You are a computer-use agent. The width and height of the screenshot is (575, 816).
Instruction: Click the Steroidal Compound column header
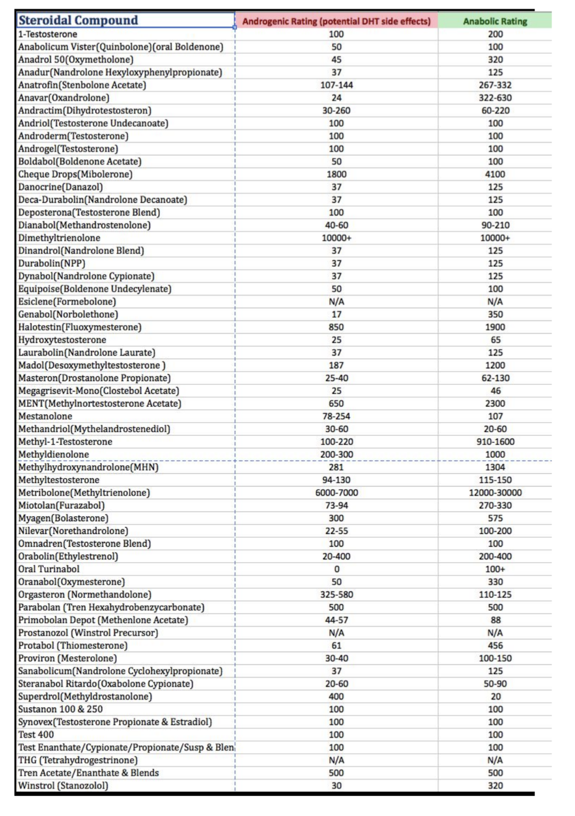(x=78, y=20)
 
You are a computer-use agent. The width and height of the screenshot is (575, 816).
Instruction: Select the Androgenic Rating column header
(x=336, y=21)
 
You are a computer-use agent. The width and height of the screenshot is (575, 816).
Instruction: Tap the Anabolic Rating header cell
(x=495, y=21)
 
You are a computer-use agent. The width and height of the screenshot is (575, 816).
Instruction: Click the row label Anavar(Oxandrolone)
(x=64, y=98)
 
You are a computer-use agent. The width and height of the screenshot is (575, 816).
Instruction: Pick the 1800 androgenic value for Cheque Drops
(x=336, y=174)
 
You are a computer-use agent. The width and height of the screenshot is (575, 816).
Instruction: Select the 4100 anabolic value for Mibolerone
(x=495, y=174)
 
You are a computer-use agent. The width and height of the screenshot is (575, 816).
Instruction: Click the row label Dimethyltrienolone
(x=59, y=238)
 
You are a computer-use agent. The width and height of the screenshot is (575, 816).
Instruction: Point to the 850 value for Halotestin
(x=336, y=327)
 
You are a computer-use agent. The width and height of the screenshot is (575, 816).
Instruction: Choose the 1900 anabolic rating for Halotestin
(x=495, y=327)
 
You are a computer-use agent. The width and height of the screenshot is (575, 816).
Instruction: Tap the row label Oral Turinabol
(x=49, y=569)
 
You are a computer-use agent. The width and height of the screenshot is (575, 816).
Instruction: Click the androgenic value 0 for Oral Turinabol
(x=336, y=569)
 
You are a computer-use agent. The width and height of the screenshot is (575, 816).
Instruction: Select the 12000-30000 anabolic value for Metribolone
(x=495, y=492)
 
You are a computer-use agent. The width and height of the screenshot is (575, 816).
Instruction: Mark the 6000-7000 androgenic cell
(x=336, y=492)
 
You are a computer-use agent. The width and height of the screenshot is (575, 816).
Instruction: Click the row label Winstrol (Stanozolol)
(x=63, y=786)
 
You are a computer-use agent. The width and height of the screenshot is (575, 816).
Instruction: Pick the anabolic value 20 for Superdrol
(x=495, y=696)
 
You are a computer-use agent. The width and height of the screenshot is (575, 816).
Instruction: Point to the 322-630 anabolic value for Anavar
(x=495, y=98)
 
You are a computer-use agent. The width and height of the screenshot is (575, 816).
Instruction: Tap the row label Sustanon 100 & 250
(x=61, y=709)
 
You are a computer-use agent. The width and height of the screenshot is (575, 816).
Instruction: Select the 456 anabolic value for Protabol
(x=495, y=645)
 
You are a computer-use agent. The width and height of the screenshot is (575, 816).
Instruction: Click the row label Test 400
(x=36, y=735)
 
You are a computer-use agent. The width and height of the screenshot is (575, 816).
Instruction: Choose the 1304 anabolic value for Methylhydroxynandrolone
(x=495, y=467)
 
